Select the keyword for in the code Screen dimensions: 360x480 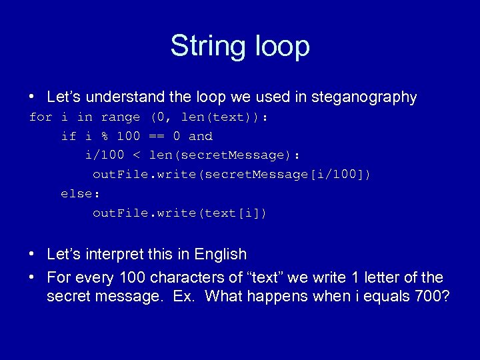[41, 117]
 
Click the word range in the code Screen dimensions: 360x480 [121, 117]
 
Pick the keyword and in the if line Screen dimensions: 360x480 [201, 137]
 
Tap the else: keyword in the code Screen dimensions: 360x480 [80, 194]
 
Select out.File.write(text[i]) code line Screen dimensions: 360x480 [179, 213]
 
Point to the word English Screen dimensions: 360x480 [220, 255]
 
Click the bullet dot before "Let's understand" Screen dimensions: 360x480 [32, 97]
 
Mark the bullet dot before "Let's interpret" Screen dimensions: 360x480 [32, 255]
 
